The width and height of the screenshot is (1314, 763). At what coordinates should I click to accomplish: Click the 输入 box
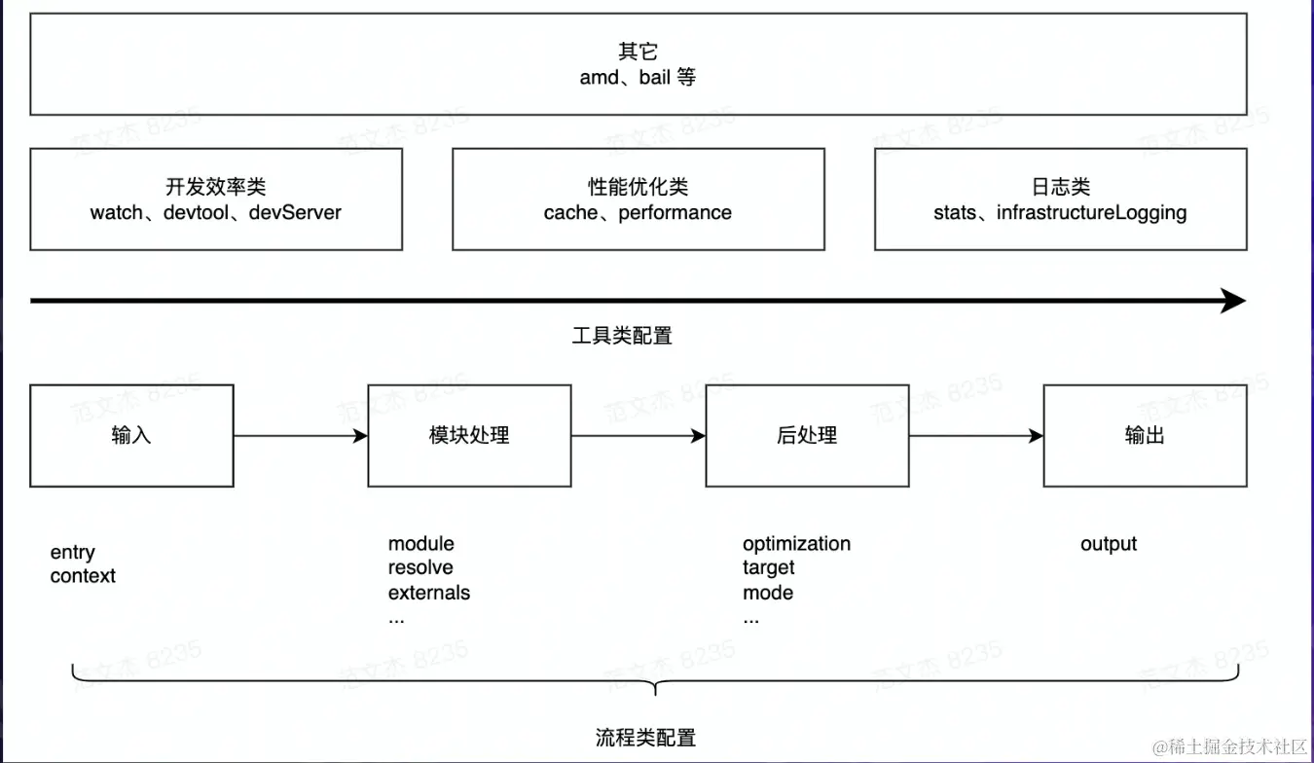131,435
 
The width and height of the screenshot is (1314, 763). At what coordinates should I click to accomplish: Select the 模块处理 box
469,435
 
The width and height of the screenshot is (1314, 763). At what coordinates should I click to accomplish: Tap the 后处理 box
807,435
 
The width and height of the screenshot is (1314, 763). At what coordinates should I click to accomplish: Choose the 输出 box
1145,435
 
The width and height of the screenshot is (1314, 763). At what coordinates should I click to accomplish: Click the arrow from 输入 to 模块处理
300,436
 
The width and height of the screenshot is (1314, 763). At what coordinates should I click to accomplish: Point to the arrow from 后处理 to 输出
975,436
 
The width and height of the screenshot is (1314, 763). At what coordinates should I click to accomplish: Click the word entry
73,553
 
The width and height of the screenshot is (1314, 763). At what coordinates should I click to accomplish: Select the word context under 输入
83,576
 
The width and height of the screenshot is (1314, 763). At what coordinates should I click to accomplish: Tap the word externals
428,593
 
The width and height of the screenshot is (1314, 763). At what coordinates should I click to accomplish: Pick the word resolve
420,567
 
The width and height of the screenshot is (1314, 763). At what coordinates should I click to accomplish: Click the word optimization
796,543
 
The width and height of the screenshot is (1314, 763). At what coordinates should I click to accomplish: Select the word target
768,567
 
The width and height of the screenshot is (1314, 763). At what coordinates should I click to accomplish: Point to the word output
1108,543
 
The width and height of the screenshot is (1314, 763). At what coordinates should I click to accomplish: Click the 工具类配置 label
622,336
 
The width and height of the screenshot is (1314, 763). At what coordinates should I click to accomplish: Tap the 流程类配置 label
645,737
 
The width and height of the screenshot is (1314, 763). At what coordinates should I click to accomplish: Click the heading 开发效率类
215,188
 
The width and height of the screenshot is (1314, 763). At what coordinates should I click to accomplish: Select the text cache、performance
638,212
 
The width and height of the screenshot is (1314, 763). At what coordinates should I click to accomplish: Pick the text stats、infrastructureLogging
1060,212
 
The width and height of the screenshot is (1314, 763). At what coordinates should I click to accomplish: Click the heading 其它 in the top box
638,53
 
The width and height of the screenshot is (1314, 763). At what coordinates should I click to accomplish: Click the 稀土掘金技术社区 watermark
1232,745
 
